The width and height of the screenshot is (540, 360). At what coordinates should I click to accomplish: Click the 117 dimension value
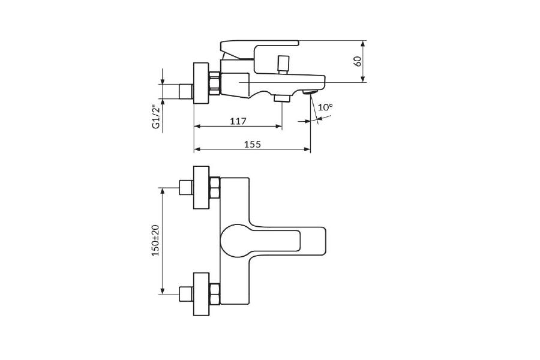point(238,121)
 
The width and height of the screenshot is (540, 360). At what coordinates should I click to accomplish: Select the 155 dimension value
point(253,145)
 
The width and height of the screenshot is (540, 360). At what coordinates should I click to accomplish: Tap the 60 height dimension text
point(358,61)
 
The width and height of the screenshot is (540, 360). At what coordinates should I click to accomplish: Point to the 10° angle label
point(325,107)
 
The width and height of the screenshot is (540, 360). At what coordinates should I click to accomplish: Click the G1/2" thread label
point(157,117)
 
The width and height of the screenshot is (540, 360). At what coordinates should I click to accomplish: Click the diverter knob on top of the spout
point(283,64)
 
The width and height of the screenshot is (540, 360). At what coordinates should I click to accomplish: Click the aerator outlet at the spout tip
point(310,92)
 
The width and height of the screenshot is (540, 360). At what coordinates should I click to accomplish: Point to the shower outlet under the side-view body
point(282,99)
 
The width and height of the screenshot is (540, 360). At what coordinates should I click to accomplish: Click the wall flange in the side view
point(201,83)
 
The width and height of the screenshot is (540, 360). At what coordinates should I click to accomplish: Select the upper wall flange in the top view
point(201,187)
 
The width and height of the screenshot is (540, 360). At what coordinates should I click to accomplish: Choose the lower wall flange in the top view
point(201,294)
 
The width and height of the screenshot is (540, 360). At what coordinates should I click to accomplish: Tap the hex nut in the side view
point(215,83)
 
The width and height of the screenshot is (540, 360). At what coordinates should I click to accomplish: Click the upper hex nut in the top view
point(215,188)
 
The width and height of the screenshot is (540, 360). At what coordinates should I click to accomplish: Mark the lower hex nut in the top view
point(215,294)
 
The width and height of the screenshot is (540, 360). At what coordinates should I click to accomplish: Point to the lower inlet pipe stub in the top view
point(187,294)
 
